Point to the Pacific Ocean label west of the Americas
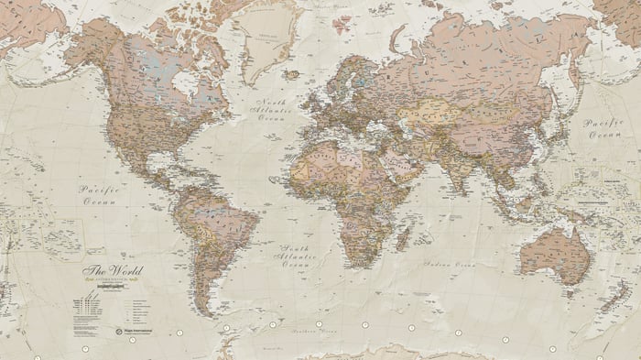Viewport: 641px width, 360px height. (x=101, y=193)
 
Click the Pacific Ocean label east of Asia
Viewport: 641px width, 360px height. (x=603, y=127)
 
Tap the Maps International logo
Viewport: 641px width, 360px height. (x=127, y=328)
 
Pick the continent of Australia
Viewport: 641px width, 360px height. (x=555, y=246)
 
